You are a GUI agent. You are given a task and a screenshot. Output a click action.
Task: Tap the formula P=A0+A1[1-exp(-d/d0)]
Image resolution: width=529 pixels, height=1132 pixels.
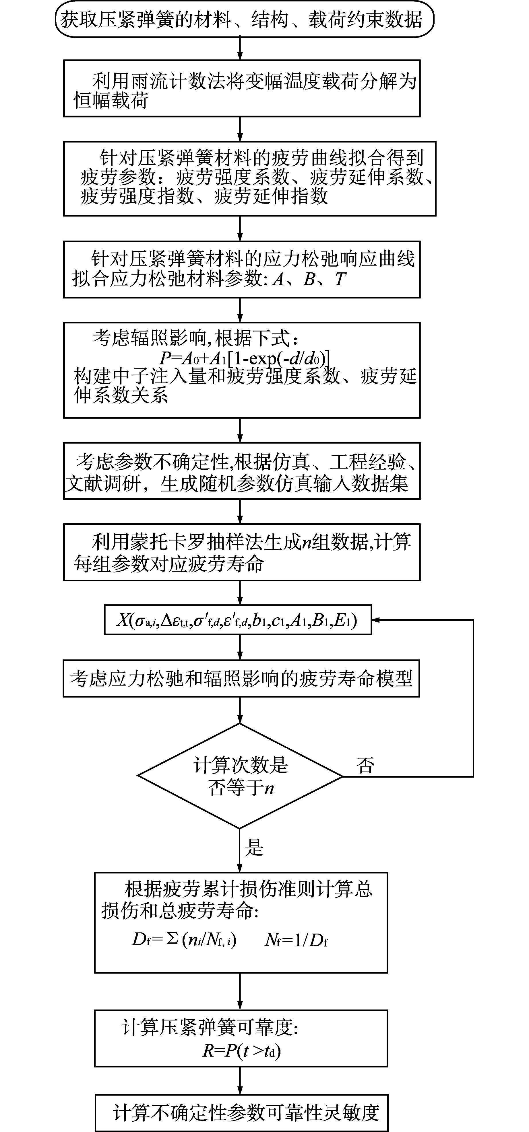point(245,358)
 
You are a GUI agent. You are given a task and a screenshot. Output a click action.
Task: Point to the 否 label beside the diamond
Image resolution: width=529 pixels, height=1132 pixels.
point(365,766)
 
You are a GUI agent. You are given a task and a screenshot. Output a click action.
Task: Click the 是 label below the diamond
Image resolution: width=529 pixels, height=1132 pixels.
point(254,847)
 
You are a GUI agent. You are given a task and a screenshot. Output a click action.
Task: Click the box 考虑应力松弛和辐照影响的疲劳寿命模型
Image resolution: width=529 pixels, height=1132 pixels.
point(241,678)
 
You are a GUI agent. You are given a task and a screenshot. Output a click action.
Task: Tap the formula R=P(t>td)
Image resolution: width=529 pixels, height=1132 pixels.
point(241,1050)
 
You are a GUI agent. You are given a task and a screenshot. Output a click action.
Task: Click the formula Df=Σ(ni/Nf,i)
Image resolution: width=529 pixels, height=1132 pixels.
point(184,940)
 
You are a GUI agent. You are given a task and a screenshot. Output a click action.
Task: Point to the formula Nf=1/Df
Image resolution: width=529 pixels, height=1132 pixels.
point(296,940)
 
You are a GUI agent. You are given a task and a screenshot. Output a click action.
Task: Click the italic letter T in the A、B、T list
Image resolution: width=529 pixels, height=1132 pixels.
point(340,279)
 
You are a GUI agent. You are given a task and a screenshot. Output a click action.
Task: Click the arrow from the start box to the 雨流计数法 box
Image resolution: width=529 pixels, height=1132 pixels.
point(240,48)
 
